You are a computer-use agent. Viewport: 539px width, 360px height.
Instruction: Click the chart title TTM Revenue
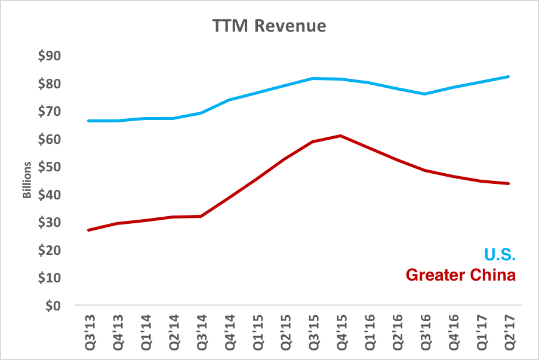click(270, 26)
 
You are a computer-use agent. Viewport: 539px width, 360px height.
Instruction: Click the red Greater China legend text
click(460, 275)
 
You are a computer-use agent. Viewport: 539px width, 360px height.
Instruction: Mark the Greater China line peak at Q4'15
click(340, 136)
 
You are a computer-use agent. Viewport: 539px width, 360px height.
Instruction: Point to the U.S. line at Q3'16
click(424, 94)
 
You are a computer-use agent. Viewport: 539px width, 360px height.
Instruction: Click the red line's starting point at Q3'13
click(88, 230)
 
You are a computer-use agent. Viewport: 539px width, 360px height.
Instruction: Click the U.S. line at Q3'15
click(312, 78)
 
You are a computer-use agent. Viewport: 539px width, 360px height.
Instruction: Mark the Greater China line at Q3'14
click(201, 216)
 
